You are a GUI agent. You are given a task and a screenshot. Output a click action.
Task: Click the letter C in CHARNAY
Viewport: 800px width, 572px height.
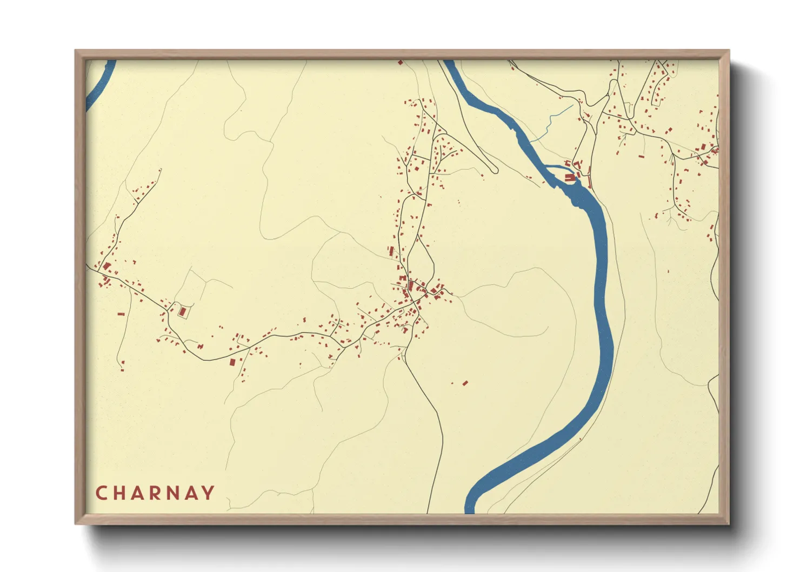pos(101,493)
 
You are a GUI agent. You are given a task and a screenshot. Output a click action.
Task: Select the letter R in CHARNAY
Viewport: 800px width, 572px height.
pos(156,493)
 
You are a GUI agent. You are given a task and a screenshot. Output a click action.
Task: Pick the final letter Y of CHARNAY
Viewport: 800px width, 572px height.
pos(208,493)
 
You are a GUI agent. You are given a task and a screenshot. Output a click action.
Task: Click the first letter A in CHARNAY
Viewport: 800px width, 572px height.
pos(137,493)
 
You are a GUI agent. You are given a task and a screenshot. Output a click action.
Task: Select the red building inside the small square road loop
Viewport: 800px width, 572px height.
pos(182,312)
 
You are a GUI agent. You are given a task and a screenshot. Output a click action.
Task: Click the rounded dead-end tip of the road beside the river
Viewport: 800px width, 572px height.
pos(495,171)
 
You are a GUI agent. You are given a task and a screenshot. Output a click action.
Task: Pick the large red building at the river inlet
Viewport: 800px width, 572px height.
pos(569,177)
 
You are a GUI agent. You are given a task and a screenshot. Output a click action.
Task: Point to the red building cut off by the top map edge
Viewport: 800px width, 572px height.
pos(401,63)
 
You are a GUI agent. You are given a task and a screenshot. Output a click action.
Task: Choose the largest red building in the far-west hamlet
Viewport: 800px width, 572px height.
pos(107,266)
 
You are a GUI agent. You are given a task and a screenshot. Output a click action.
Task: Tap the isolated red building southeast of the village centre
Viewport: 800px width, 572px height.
pos(465,383)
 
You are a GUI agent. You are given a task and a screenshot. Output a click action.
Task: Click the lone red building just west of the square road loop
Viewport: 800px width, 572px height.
pos(121,314)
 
